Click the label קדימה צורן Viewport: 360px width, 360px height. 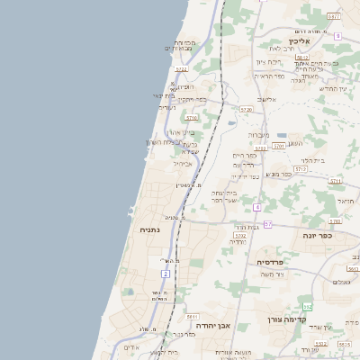click(287, 319)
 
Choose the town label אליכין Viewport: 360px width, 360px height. click(301, 40)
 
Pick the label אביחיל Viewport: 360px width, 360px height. click(184, 164)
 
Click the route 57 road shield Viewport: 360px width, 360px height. click(268, 222)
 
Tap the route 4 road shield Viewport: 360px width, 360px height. click(256, 207)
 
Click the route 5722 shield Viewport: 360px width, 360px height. click(181, 68)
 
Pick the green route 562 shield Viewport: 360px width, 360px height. click(307, 307)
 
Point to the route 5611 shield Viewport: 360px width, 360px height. click(192, 317)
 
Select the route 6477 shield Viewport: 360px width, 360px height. click(334, 16)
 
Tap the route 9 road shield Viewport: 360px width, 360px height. click(337, 36)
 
